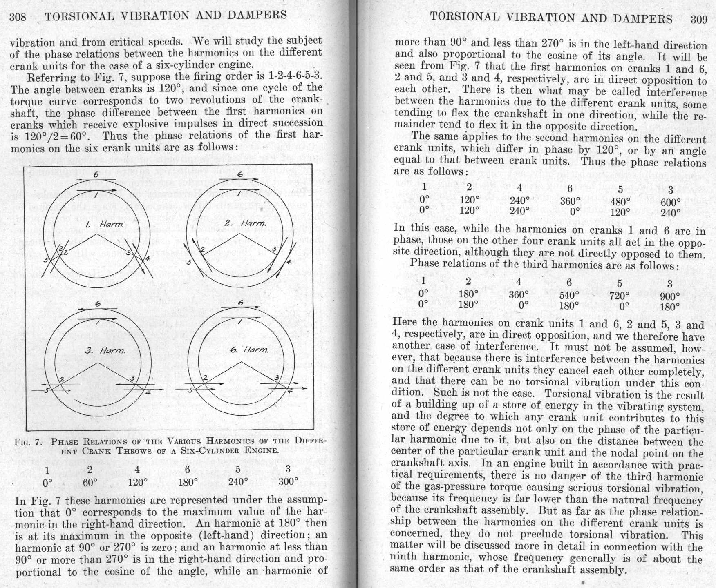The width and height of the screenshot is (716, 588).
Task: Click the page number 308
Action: tap(18, 17)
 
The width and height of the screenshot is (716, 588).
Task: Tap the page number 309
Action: tap(698, 20)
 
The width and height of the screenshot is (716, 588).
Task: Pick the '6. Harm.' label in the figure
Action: tap(250, 350)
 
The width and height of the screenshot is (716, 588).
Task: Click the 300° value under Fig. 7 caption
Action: tap(288, 481)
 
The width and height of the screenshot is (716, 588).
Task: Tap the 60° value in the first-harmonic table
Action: tap(90, 482)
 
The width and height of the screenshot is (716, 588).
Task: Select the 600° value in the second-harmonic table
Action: tap(671, 202)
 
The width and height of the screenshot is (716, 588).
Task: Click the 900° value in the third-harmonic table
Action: tap(670, 296)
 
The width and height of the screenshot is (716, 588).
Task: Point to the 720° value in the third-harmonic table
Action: tap(620, 295)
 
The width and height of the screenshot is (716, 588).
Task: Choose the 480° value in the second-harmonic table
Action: tap(620, 201)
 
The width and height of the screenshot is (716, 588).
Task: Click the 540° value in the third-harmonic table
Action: tap(569, 294)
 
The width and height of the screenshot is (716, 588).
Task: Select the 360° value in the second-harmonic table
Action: tap(570, 201)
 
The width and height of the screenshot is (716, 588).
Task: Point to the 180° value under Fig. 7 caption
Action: tap(188, 482)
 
